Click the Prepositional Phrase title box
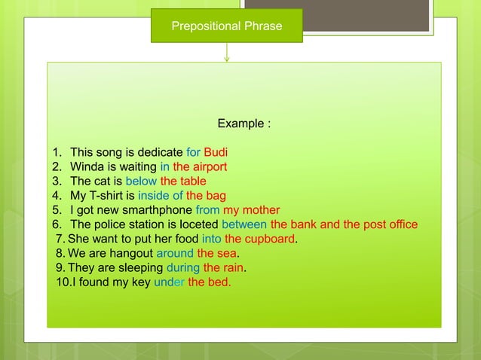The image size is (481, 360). pos(227,26)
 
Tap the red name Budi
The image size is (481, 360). pos(216,152)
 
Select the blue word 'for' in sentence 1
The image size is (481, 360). pos(193,152)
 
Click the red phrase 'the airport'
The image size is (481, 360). pos(200,166)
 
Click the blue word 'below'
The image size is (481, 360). pos(141,181)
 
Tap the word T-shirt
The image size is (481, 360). pos(109,196)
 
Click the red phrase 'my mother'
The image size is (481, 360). pos(251,210)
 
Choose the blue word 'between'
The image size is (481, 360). pos(244,224)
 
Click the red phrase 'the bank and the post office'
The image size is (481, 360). pos(344,224)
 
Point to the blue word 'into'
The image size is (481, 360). pos(211,239)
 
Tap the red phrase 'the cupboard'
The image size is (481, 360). pos(259,239)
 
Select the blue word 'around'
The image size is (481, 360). pos(174,254)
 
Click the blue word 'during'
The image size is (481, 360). pos(182,268)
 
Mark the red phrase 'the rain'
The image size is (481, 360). pos(223,268)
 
